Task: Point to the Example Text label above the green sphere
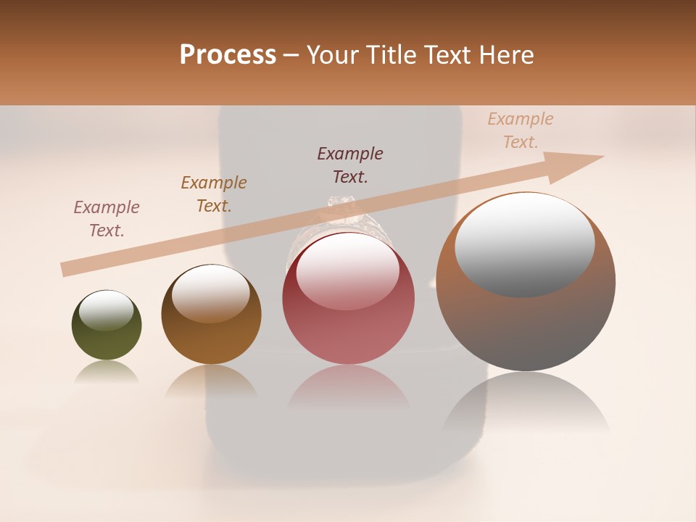tap(107, 219)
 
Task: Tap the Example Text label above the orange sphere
tap(213, 194)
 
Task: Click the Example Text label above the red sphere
tap(350, 165)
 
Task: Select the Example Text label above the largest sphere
tap(521, 130)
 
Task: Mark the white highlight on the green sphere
tap(106, 310)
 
